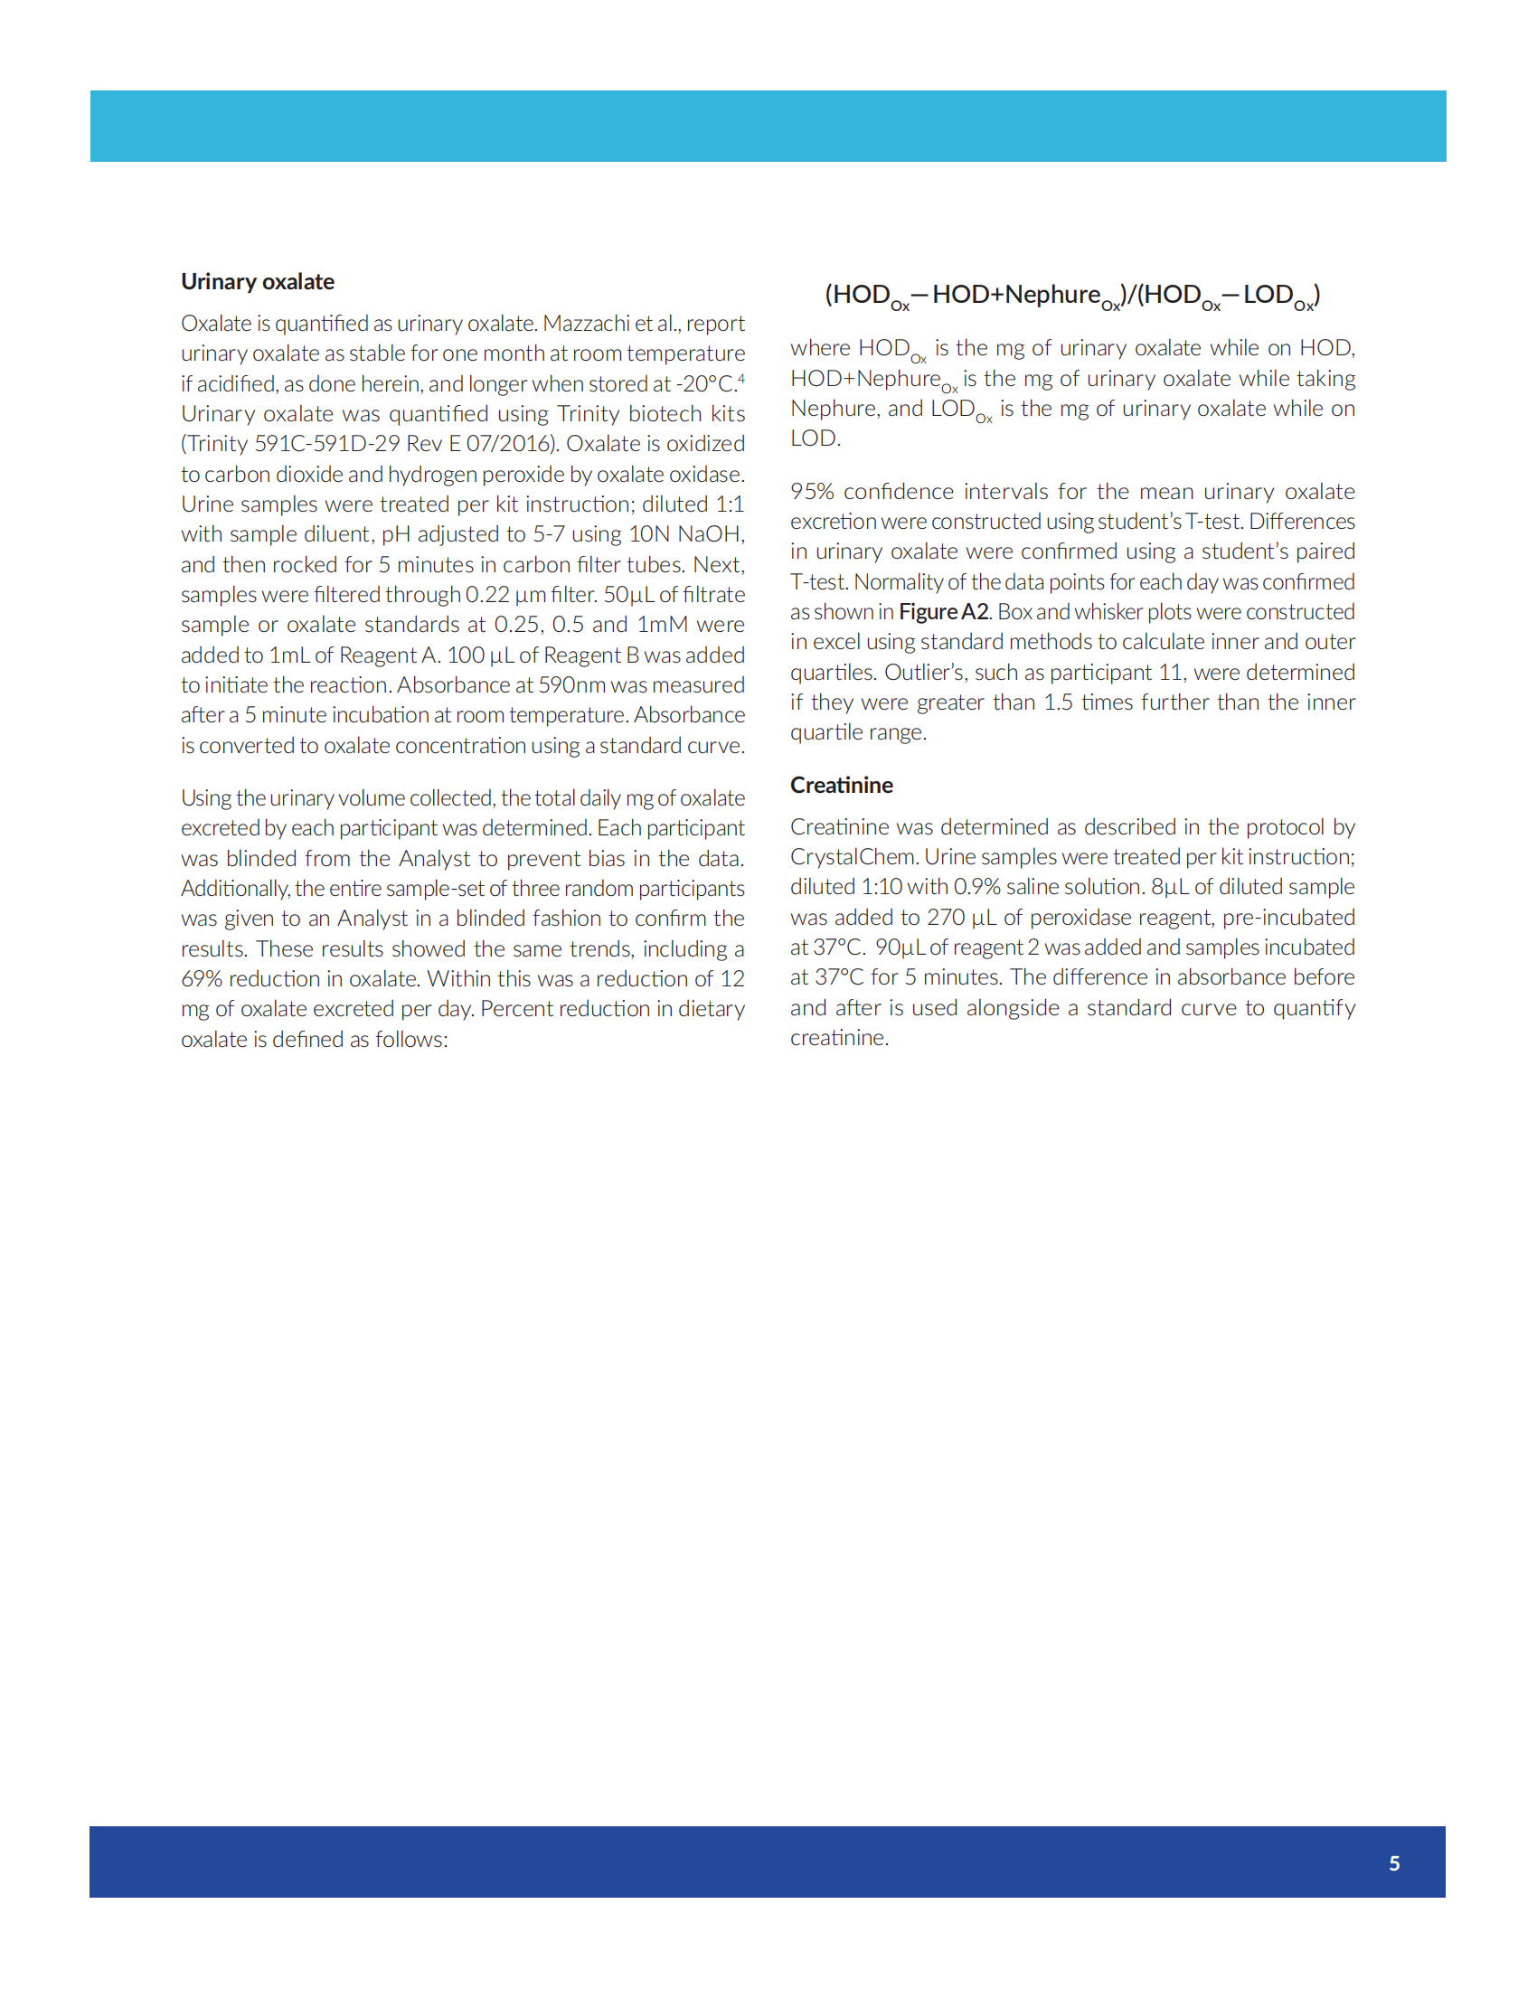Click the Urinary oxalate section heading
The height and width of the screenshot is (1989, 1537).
(257, 281)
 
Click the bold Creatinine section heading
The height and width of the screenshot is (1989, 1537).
(841, 785)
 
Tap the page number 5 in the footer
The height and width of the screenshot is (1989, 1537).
(1394, 1863)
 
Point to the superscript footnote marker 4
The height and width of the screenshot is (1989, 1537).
(741, 379)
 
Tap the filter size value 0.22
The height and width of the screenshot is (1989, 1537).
(487, 595)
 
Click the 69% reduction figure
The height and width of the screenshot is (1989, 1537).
(202, 979)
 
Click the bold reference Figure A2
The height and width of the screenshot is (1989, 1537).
(943, 612)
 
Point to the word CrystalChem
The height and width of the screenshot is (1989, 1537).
(853, 857)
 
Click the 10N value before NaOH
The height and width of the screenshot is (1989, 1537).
(649, 533)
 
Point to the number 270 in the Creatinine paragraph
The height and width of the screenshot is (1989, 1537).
(946, 917)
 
